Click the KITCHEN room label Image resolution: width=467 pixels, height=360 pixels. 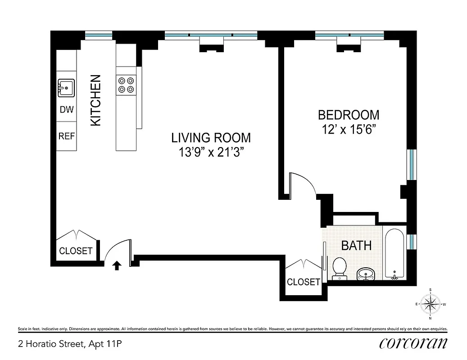[x=96, y=100]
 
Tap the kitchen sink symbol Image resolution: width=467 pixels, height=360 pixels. [x=66, y=87]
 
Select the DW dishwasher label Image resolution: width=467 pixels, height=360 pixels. [x=66, y=110]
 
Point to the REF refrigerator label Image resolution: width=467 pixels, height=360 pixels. [x=66, y=136]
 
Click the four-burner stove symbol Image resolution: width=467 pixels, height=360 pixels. [x=126, y=85]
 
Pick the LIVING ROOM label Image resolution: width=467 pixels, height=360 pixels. [x=211, y=138]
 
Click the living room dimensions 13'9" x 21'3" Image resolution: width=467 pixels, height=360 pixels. [x=211, y=152]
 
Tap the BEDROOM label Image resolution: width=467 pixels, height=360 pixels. [x=349, y=115]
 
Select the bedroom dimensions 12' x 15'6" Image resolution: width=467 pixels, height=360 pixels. [x=349, y=130]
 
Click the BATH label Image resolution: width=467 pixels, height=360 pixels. [x=356, y=246]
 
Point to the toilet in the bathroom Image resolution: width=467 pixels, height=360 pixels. [x=339, y=268]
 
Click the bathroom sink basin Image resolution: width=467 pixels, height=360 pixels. [x=365, y=273]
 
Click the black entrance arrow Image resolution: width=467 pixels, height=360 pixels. [x=116, y=265]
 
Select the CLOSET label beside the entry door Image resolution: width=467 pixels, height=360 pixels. [x=76, y=251]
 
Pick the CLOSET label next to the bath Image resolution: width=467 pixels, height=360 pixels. [x=303, y=282]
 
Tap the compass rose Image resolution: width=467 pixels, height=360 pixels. [x=431, y=304]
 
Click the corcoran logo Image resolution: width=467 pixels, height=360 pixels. [x=413, y=343]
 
